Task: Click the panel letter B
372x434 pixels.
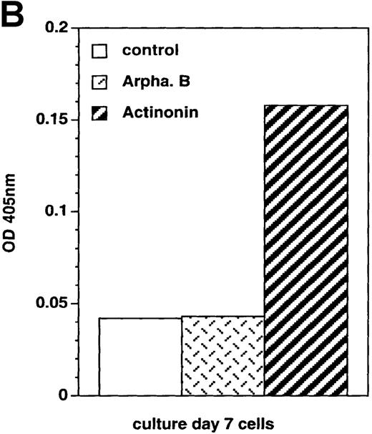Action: click(x=16, y=16)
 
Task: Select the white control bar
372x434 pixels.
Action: click(x=140, y=356)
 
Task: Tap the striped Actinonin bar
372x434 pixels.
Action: click(x=306, y=250)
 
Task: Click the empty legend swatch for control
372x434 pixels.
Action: click(x=100, y=51)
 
